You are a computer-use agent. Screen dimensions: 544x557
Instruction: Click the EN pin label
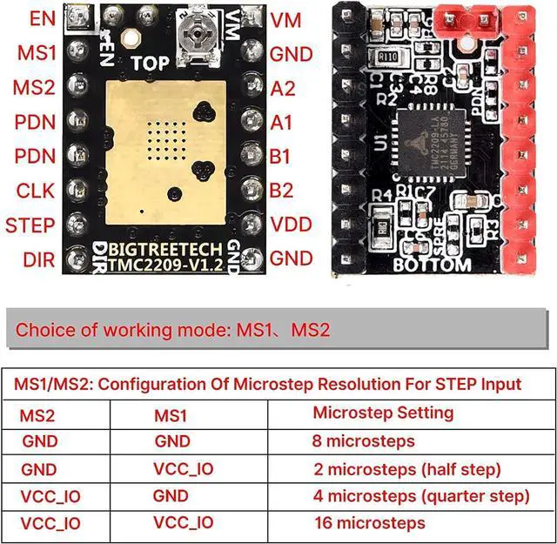click(41, 18)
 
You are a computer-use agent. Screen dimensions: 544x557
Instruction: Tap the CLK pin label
click(36, 191)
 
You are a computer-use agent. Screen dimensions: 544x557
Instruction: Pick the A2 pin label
click(282, 88)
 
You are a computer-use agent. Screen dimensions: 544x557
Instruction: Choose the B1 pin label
click(281, 157)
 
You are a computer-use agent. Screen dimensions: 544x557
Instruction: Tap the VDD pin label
click(291, 225)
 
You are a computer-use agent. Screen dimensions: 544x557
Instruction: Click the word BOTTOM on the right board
click(432, 265)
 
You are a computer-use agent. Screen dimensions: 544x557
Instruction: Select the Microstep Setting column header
click(383, 413)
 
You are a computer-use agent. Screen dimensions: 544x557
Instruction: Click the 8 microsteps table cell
click(363, 441)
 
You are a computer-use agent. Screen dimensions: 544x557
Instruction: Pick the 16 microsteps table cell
click(369, 523)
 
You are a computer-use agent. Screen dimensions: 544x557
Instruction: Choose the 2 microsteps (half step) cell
click(406, 469)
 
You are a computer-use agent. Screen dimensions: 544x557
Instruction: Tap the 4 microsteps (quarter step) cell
click(421, 496)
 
